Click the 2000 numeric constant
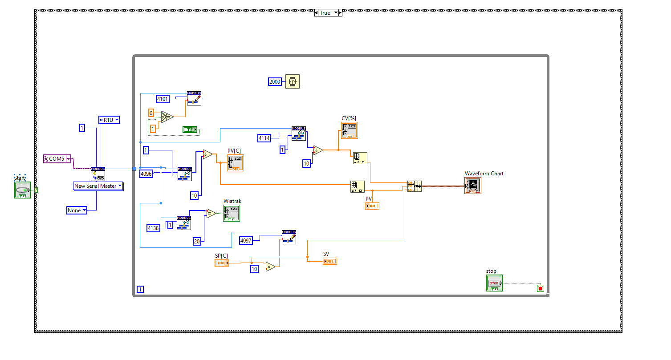(x=275, y=81)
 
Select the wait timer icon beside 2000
(x=293, y=81)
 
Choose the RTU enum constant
(x=109, y=120)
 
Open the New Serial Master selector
(x=98, y=186)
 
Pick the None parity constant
(x=76, y=210)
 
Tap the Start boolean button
(x=22, y=190)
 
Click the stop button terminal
(x=494, y=283)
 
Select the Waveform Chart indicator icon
(x=473, y=186)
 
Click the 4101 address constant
(x=163, y=99)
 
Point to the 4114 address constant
(x=264, y=138)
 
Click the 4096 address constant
(x=146, y=174)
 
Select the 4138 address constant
(x=153, y=228)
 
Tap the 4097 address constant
(x=246, y=240)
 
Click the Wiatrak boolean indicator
(x=232, y=213)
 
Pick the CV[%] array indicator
(x=350, y=130)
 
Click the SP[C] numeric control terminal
(x=222, y=263)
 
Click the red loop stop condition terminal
(x=541, y=288)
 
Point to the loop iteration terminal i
(x=140, y=289)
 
